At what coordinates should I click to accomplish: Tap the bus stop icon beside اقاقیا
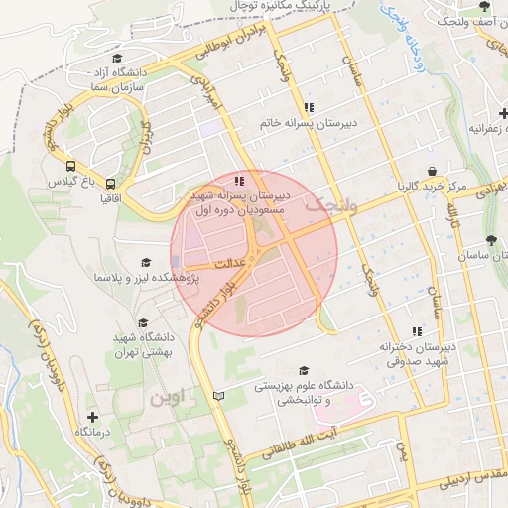coord(111,184)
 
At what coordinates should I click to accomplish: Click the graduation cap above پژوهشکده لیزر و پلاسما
coord(146,263)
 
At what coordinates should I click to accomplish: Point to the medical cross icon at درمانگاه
coord(92,418)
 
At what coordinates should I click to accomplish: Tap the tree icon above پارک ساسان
coord(492,239)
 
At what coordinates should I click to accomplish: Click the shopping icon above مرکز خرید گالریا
coord(431,171)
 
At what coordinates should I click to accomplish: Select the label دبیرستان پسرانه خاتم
coord(309,123)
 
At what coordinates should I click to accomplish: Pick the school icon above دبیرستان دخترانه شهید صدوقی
coord(417,330)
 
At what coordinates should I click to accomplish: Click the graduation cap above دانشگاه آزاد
coord(117,58)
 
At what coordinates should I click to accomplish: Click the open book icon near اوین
coord(219,396)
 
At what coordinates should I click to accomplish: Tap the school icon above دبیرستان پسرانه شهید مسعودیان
coord(238,181)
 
